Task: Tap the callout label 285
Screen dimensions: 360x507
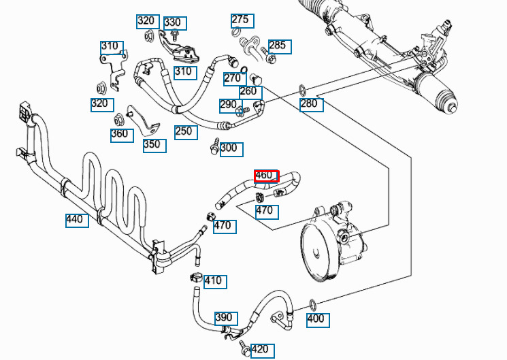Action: (x=279, y=46)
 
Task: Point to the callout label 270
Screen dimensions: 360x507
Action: (x=234, y=78)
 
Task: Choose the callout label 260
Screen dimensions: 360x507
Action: (x=250, y=91)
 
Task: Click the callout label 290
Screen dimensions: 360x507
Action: (x=229, y=105)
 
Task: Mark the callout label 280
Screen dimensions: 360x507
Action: (x=311, y=104)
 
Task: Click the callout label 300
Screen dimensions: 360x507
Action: (x=231, y=148)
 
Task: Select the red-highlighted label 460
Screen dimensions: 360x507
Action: (x=265, y=176)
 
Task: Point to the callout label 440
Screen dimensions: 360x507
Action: (x=77, y=219)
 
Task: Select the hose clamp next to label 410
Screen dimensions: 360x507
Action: (x=195, y=277)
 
